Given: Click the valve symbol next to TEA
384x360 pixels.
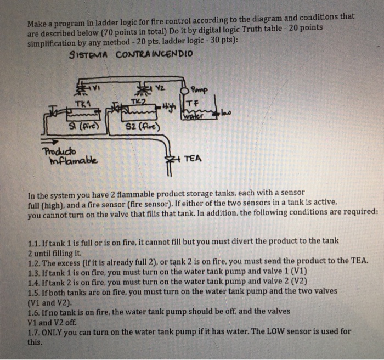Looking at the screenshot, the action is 176,159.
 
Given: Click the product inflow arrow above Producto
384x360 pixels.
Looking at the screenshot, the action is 52,142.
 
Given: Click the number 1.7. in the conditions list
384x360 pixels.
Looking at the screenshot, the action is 35,331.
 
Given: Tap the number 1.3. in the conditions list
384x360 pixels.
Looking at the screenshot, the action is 35,271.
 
